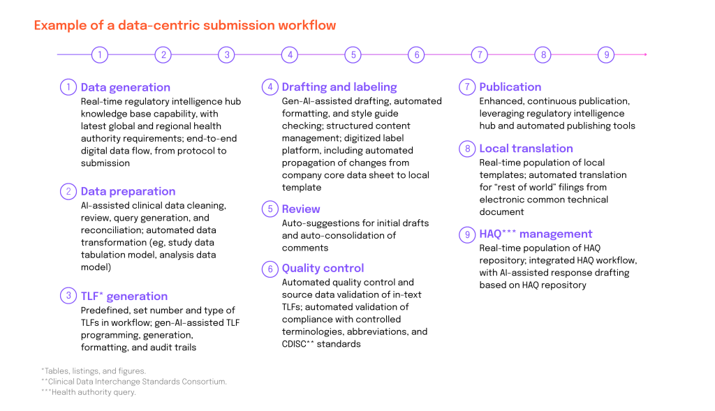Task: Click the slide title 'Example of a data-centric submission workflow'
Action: (x=184, y=25)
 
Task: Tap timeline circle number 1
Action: (x=99, y=54)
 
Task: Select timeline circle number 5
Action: (x=353, y=54)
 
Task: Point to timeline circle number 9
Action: (x=607, y=54)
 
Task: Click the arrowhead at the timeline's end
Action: (x=645, y=54)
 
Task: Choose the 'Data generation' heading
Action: (x=126, y=87)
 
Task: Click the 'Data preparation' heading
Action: (x=128, y=191)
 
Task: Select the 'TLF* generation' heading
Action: (x=124, y=296)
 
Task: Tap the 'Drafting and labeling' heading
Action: (x=339, y=87)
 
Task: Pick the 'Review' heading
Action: (x=301, y=209)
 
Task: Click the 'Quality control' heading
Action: (x=323, y=269)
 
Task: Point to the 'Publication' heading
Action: (x=510, y=87)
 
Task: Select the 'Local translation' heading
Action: (x=526, y=149)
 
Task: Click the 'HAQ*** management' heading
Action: (x=536, y=234)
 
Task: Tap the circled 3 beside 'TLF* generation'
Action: (x=68, y=296)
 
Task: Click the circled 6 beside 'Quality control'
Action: (x=270, y=269)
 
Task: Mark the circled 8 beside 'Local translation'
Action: (x=467, y=149)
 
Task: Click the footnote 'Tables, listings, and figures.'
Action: (x=94, y=371)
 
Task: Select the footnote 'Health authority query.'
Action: (x=89, y=392)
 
